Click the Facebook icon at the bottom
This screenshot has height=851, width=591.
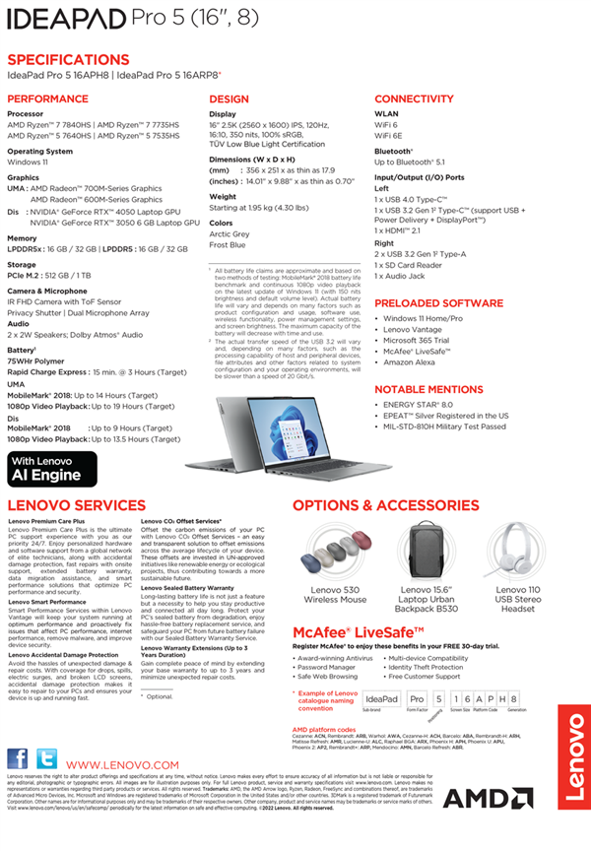coord(18,758)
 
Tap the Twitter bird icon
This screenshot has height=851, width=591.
coord(46,758)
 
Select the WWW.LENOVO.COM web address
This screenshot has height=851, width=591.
coord(123,765)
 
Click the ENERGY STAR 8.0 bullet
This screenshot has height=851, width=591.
coord(418,404)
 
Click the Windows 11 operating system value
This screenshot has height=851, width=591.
coord(29,162)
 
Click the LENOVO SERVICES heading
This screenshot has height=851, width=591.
coord(76,504)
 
